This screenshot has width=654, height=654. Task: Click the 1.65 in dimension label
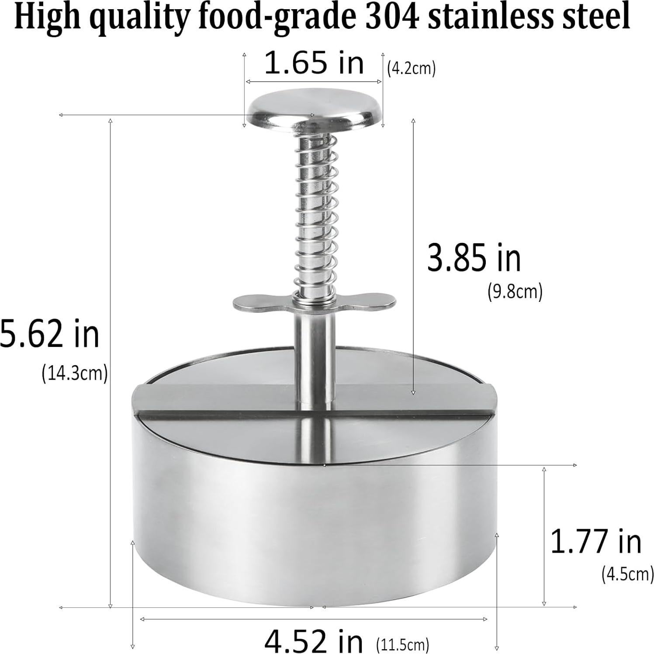314,63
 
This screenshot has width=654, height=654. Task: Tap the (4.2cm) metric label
411,69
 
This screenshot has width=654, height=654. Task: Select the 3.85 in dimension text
474,258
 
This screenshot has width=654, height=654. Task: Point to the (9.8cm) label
515,291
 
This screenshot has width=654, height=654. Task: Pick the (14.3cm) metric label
74,374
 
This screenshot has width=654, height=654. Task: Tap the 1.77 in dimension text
595,541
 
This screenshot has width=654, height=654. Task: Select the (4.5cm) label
627,574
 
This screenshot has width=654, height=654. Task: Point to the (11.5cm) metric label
402,644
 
